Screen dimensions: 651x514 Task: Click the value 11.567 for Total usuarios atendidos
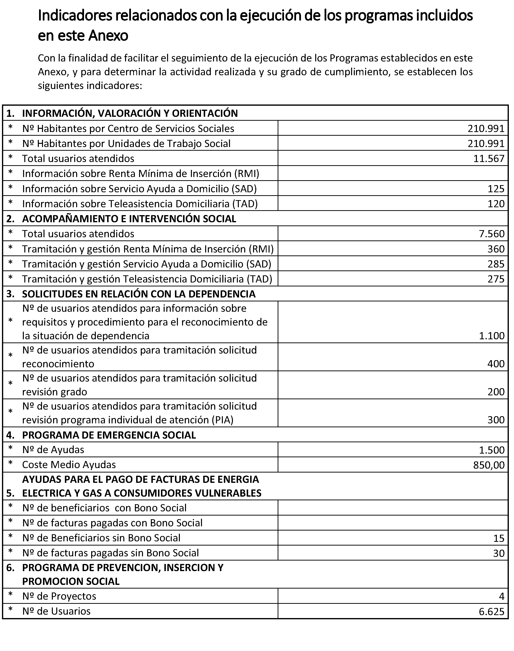[x=488, y=159]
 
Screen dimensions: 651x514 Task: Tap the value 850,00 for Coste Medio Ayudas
[x=488, y=465]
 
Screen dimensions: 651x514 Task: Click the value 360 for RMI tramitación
[x=496, y=249]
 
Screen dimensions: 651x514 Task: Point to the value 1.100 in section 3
[x=491, y=336]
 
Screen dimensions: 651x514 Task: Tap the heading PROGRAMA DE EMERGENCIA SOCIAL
[x=109, y=435]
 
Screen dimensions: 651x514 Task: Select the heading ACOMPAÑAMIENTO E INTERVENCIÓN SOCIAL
[x=129, y=219]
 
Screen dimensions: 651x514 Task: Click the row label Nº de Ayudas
[x=53, y=450]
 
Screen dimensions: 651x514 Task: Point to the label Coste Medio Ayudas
[x=69, y=465]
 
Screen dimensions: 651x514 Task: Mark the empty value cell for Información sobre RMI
[x=393, y=173]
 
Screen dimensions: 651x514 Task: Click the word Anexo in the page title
[x=108, y=36]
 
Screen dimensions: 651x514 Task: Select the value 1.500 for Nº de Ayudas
[x=491, y=450]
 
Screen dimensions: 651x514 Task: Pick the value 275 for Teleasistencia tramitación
[x=496, y=279]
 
